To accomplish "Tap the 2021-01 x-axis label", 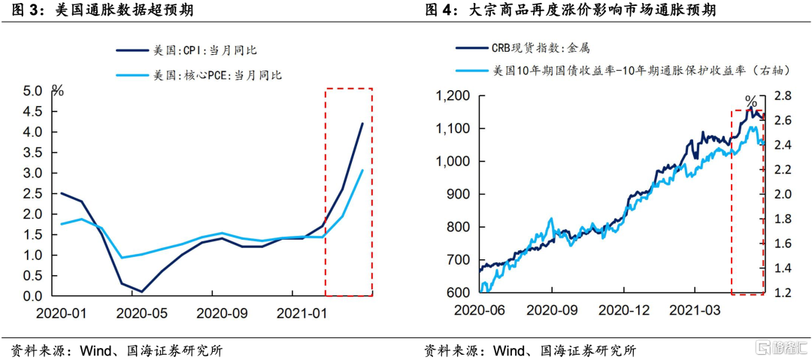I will click(301, 312).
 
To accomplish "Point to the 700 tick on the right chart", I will click(456, 260).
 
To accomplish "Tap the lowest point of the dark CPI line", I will click(141, 292).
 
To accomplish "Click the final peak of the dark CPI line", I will click(362, 123).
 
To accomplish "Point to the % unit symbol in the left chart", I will click(58, 91).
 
